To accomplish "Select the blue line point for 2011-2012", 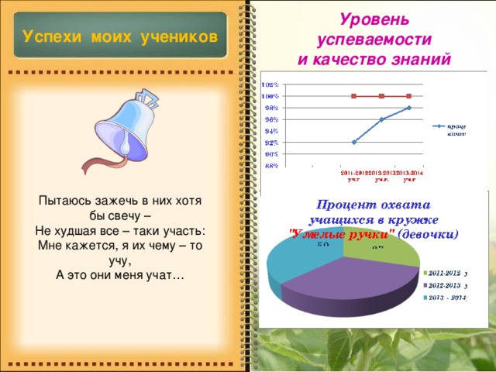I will pos(354,142).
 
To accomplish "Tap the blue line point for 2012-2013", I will pos(381,119).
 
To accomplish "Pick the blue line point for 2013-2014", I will pos(408,108).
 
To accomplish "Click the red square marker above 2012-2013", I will pos(381,96).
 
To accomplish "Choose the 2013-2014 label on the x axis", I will pos(409,175).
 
